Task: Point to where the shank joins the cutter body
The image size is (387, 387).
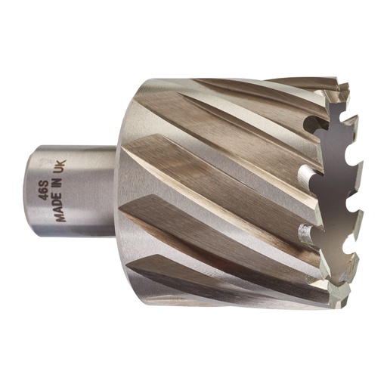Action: point(117,189)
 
